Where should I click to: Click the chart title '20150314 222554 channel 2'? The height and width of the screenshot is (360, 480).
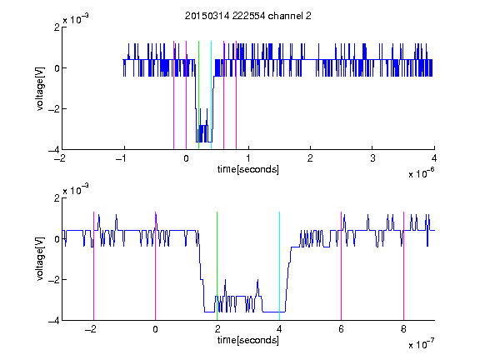[x=248, y=16]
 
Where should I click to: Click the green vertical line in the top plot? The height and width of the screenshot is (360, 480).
[x=198, y=95]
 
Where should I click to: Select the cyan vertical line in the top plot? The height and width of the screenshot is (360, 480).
[x=211, y=95]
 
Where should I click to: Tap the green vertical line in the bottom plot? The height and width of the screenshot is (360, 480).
[x=217, y=266]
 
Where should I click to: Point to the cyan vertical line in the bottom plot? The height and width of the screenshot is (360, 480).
[x=279, y=266]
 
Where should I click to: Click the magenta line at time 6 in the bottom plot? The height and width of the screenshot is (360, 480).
[x=342, y=266]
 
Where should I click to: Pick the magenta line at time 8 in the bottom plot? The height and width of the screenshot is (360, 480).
[x=404, y=266]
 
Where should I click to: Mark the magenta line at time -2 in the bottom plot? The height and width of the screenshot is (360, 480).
[x=93, y=266]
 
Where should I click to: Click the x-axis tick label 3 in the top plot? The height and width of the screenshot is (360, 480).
[x=372, y=158]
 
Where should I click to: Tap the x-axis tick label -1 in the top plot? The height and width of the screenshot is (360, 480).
[x=121, y=158]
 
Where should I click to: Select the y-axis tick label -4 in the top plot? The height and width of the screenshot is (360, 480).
[x=54, y=150]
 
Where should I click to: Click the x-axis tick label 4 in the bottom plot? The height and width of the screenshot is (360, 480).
[x=279, y=329]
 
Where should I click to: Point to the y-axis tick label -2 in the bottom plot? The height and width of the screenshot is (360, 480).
[x=54, y=279]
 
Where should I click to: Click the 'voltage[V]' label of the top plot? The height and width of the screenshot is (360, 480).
[x=40, y=88]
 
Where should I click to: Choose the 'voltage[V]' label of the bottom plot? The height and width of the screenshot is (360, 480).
[x=40, y=259]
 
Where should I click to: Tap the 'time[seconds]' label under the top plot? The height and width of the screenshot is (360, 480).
[x=248, y=169]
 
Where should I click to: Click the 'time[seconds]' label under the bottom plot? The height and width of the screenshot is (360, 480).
[x=248, y=340]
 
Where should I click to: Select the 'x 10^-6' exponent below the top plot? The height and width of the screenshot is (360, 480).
[x=421, y=173]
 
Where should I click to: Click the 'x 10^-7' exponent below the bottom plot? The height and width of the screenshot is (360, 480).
[x=421, y=344]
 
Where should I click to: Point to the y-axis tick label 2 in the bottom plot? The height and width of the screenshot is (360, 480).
[x=57, y=197]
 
